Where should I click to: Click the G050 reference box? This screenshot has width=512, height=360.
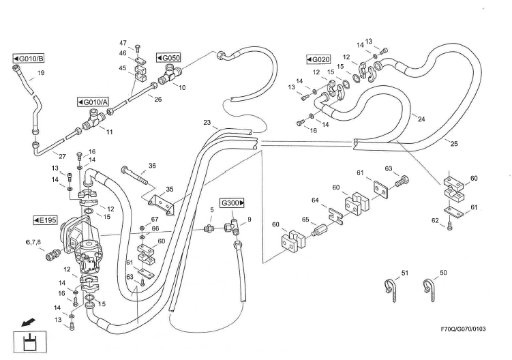(168, 58)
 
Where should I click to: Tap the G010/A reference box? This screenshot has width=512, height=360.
(93, 102)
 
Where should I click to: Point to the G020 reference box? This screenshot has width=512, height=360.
(318, 59)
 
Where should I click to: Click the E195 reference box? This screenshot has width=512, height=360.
(47, 220)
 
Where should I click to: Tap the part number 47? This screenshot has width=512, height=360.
(123, 43)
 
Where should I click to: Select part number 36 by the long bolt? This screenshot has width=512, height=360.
(153, 165)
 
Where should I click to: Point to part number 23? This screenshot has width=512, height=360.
(207, 123)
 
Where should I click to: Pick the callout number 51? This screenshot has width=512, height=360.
(404, 273)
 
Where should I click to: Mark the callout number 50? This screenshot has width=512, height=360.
(443, 273)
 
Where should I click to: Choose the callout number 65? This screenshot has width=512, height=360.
(306, 220)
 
